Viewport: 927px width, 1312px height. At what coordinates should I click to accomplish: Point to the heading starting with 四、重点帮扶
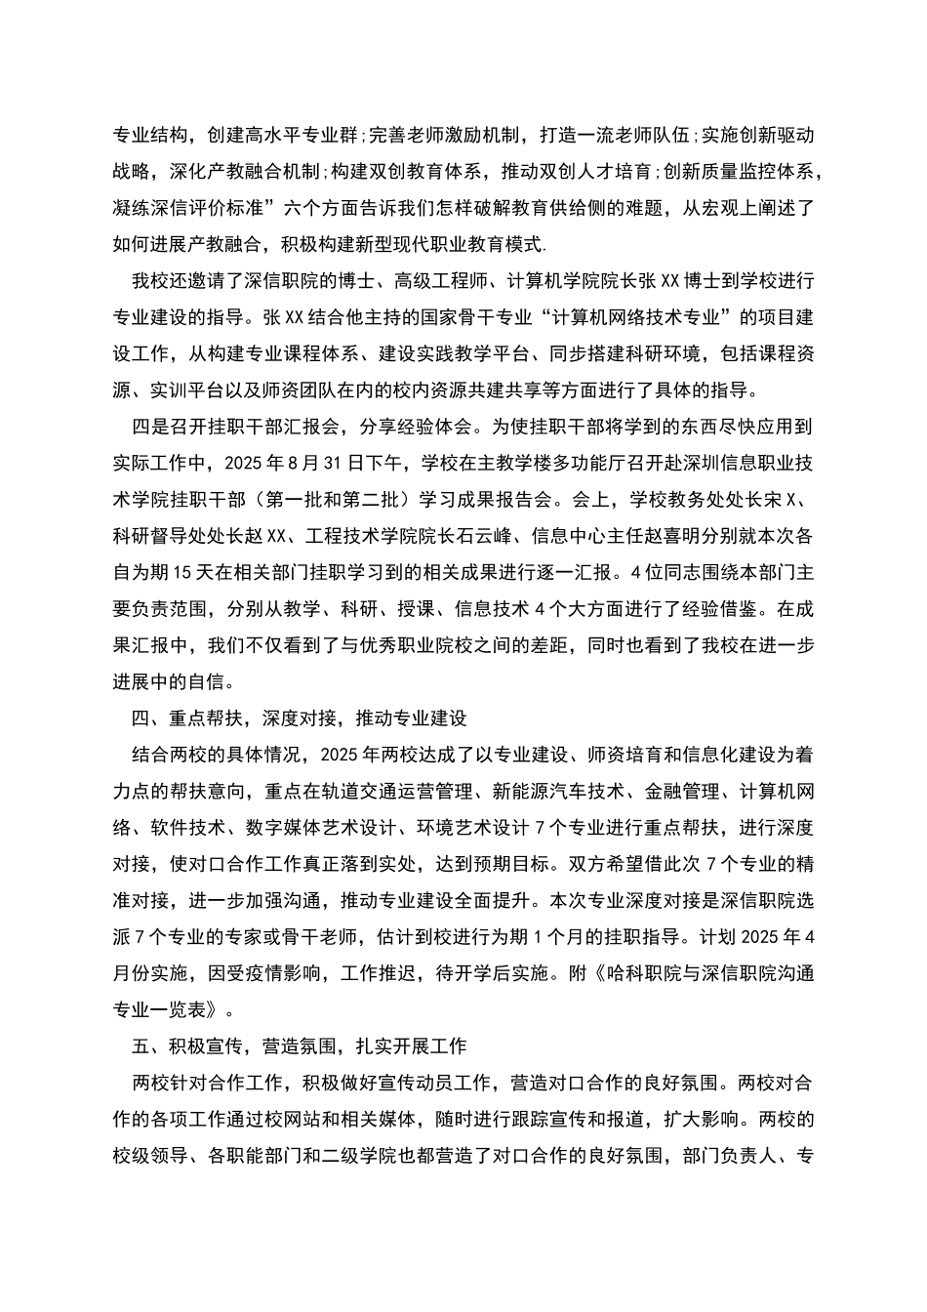point(299,717)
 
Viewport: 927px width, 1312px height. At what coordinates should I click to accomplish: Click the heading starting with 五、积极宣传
point(299,1045)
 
